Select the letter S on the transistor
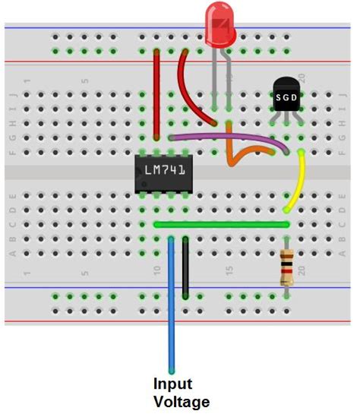(x=278, y=97)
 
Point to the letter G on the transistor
(x=286, y=97)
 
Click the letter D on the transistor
(x=295, y=97)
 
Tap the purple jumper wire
(x=228, y=137)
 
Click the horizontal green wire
(x=220, y=225)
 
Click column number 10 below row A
(x=157, y=271)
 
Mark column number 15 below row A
(x=229, y=271)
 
